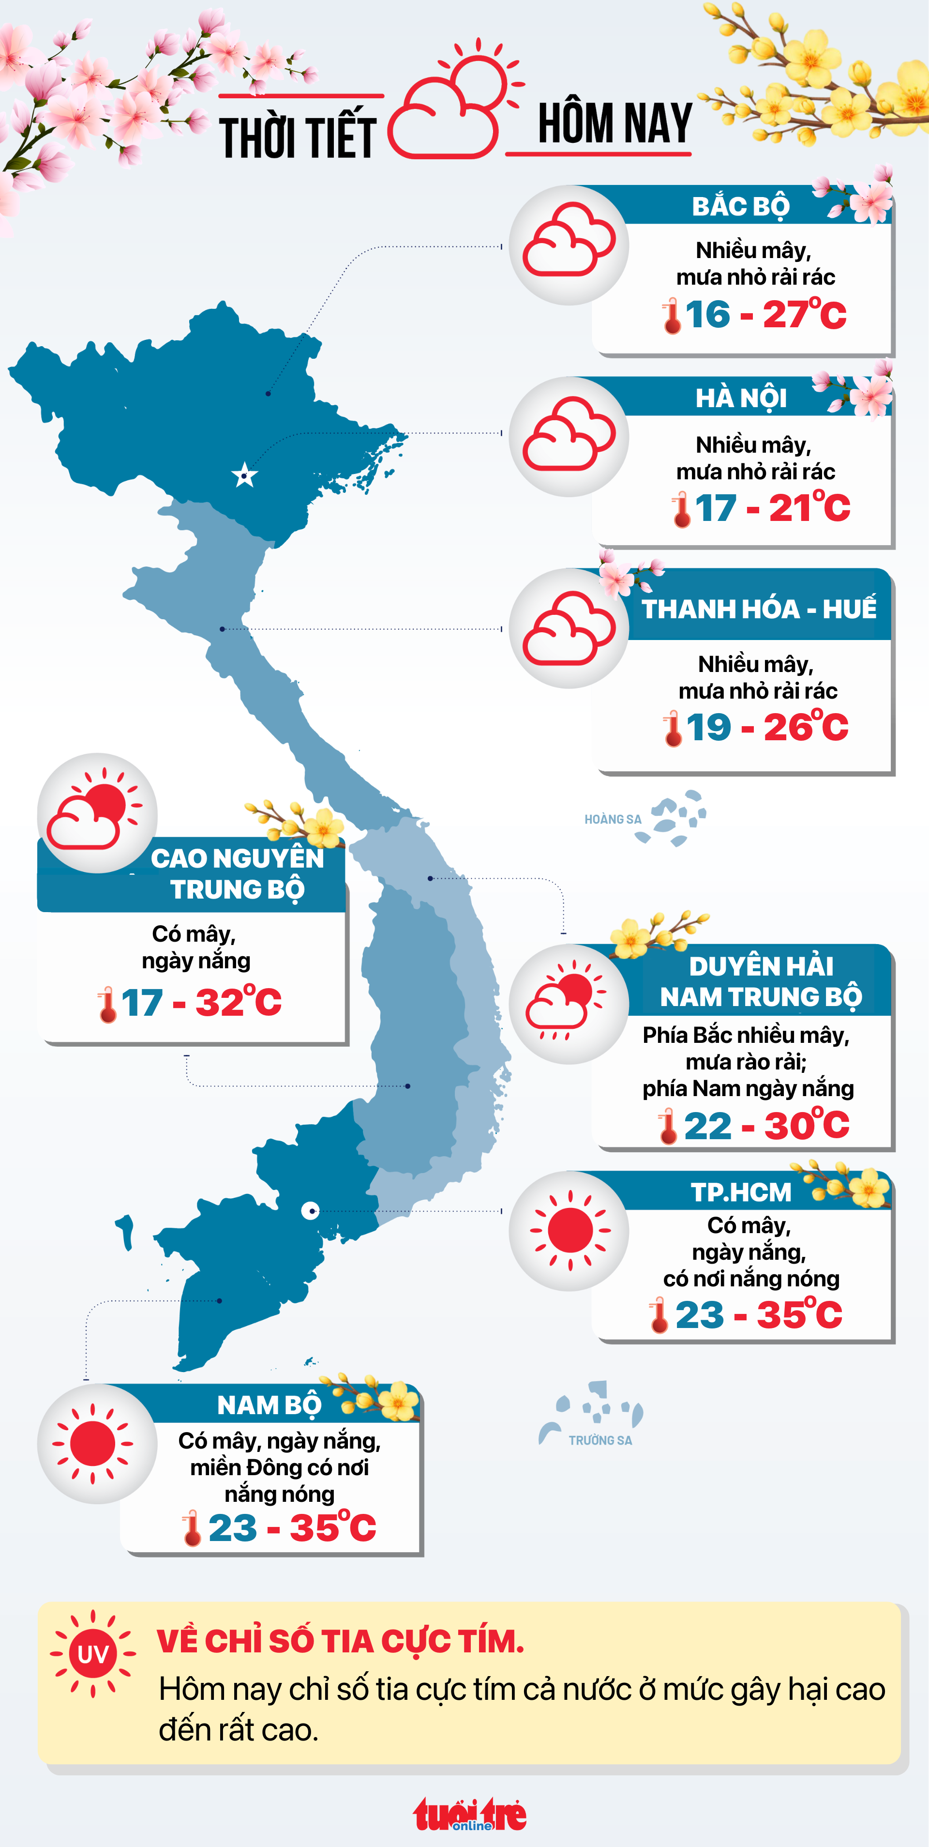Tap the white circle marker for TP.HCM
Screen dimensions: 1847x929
310,1210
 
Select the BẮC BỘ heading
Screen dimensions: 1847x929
740,207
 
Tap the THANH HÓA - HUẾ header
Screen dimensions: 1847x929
758,609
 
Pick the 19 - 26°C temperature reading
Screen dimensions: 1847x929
757,728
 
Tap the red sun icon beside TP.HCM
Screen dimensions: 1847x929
570,1230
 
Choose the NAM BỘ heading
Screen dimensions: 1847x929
269,1405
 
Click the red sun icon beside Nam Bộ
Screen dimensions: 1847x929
93,1443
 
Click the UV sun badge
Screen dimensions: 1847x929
92,1654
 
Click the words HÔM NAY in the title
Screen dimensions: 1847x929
614,123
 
